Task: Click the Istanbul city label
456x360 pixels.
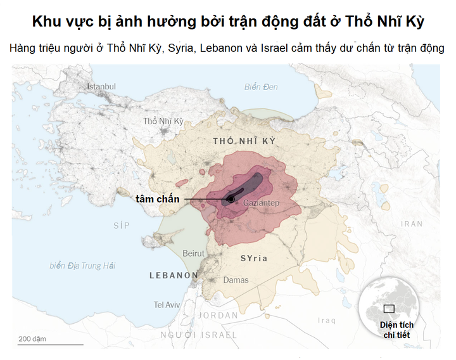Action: [101, 86]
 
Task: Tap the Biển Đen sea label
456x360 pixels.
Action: [261, 86]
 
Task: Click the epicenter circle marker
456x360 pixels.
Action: [231, 199]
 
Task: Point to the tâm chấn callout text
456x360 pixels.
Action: [158, 199]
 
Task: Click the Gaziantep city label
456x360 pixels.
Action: [261, 203]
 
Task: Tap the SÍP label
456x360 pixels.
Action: [121, 226]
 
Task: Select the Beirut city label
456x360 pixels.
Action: [193, 253]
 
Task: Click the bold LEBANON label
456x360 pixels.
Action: [174, 275]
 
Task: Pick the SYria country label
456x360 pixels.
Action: [254, 259]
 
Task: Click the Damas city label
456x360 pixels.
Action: [235, 280]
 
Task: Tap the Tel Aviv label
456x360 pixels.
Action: [167, 305]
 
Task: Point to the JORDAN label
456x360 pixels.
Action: [218, 315]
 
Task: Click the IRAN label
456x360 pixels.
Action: [412, 224]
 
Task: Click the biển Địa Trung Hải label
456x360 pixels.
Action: [82, 266]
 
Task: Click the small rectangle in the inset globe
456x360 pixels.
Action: [389, 309]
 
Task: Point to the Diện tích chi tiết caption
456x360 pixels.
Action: [397, 330]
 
